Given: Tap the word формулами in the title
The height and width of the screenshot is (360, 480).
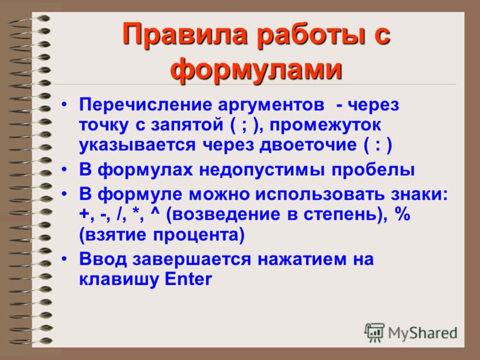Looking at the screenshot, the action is pos(256,70).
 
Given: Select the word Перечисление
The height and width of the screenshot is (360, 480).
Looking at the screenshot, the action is pos(145,105).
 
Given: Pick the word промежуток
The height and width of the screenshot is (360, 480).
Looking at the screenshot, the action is pos(325,125).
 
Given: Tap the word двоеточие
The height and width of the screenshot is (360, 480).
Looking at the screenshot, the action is pos(308,145).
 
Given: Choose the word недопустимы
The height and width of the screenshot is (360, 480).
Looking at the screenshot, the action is pos(262,170).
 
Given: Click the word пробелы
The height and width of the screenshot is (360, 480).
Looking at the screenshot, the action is pos(373,169).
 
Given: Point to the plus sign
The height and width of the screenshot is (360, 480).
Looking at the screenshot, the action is pos(83,214).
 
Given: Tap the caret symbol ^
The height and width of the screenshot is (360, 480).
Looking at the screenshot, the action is pos(155,211).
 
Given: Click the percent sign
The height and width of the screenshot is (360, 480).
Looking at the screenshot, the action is pos(402,214).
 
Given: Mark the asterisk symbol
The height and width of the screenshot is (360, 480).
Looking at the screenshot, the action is pos(134,211).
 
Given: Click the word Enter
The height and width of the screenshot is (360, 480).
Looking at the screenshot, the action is pos(188,279).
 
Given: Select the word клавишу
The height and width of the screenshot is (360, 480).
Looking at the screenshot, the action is pos(119,280).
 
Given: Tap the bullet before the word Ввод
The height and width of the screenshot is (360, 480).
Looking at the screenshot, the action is pos(64,259).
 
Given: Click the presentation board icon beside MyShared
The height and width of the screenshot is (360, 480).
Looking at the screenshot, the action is pos(374,332).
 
